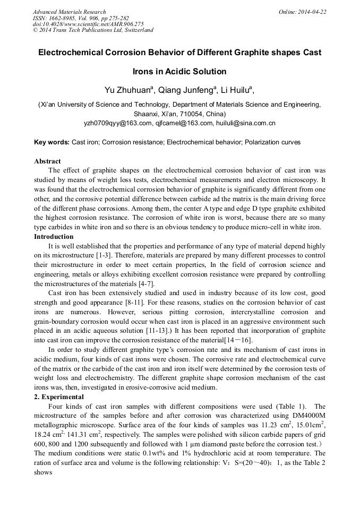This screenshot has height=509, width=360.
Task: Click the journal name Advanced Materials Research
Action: [x=69, y=12]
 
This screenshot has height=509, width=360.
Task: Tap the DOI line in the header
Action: [x=88, y=24]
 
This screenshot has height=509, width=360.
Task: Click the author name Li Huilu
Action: [x=238, y=90]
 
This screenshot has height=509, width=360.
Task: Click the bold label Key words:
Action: [x=52, y=142]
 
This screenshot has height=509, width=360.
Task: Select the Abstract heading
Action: [x=47, y=161]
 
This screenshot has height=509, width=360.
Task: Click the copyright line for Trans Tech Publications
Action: [x=93, y=30]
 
